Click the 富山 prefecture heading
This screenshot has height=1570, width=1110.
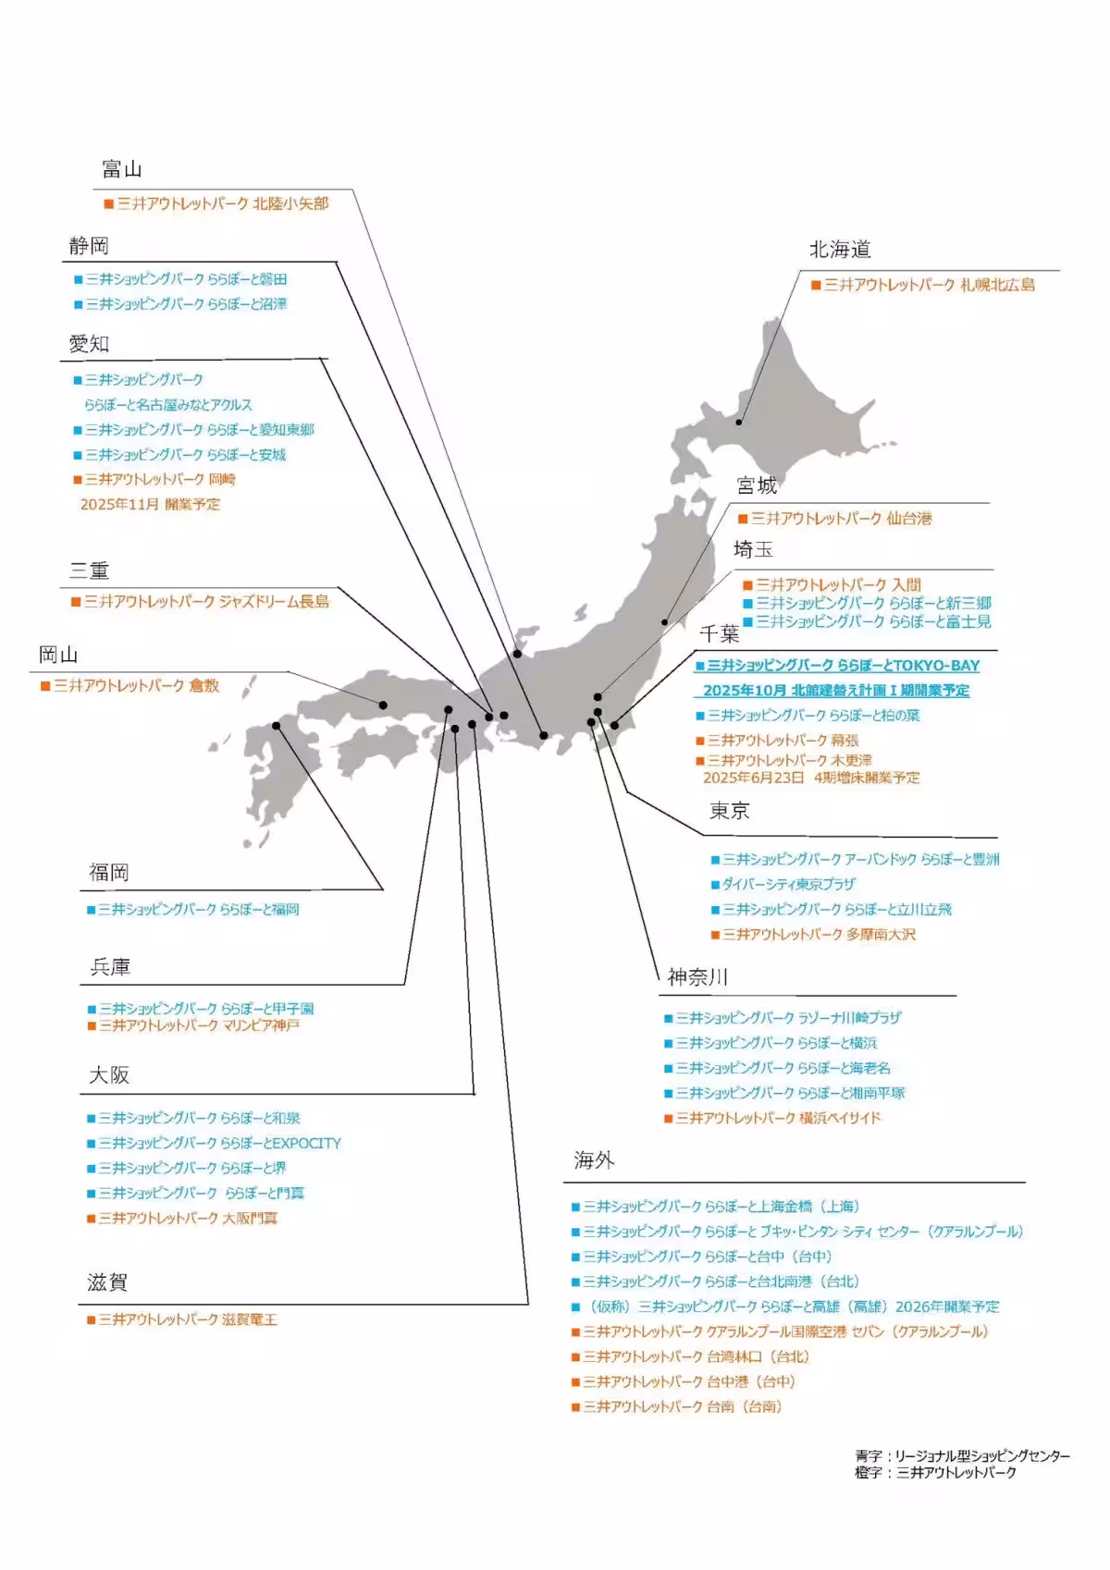click(121, 169)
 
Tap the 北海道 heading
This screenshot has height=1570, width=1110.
click(840, 249)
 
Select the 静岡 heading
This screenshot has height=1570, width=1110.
click(89, 246)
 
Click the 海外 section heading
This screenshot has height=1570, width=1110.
click(594, 1160)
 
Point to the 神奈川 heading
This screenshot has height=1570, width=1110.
click(698, 977)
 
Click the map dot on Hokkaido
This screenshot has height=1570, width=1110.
click(739, 423)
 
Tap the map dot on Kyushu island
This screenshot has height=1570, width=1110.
click(277, 727)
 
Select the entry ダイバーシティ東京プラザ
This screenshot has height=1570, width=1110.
click(788, 885)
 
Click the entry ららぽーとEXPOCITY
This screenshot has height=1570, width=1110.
click(219, 1144)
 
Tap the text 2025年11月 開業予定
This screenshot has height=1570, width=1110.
click(150, 505)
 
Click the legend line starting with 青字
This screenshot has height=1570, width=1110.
click(962, 1456)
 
